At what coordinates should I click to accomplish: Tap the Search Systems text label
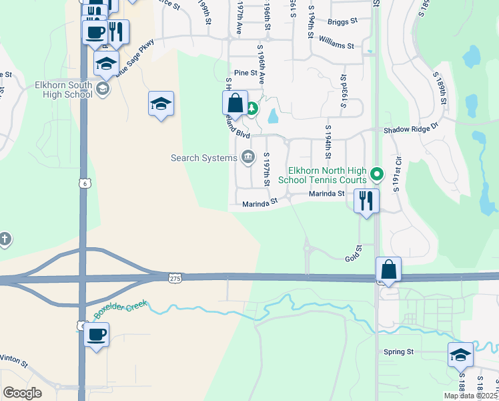coord(204,158)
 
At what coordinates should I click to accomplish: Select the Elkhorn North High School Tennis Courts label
coord(327,175)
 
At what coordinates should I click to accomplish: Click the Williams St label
coord(337,45)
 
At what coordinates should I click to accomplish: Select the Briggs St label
coord(342,21)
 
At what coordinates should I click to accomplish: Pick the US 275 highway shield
coord(175,277)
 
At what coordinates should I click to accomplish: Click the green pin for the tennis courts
coord(377,175)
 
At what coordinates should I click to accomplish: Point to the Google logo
coord(22,393)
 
